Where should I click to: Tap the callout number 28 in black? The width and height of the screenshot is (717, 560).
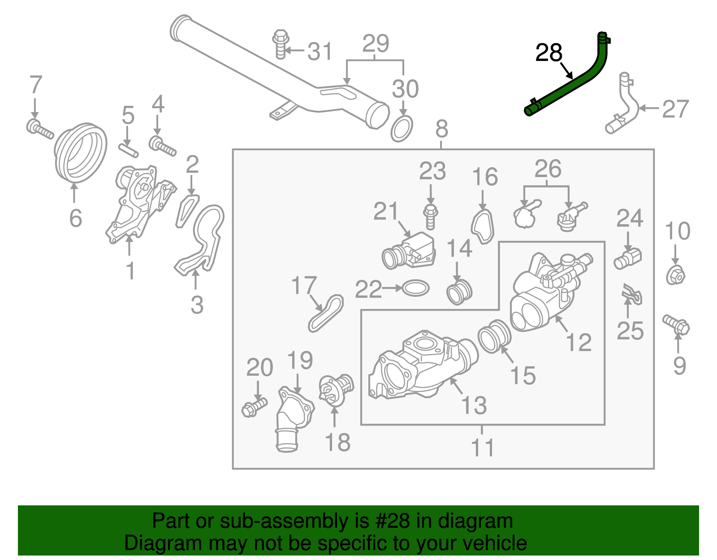549,53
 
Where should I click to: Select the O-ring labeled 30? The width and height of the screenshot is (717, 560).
402,129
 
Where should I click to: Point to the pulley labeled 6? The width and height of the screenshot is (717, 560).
81,153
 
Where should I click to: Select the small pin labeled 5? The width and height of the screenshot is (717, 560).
129,150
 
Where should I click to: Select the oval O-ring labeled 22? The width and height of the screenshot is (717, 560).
416,288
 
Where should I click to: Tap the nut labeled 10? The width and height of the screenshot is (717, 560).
675,275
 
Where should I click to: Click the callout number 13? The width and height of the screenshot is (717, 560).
474,405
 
